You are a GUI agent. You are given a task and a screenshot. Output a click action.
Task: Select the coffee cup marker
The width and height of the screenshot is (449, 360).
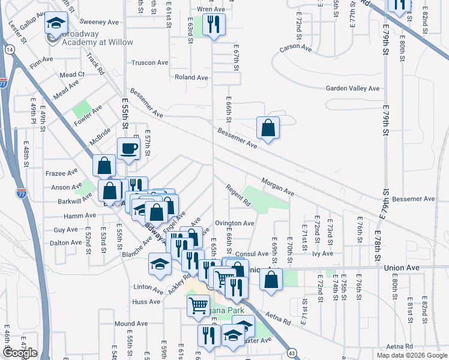click(128, 148)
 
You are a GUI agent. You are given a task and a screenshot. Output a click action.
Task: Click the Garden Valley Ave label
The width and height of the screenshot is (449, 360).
click(352, 88)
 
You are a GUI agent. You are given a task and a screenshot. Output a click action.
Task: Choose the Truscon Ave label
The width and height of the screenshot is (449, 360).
click(149, 62)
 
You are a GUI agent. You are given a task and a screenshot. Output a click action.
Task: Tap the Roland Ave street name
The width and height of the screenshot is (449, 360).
click(191, 77)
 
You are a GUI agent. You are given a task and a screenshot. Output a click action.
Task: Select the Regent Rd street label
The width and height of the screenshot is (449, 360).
click(238, 195)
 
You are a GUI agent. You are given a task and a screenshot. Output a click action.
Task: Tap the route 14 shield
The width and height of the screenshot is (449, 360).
click(9, 50)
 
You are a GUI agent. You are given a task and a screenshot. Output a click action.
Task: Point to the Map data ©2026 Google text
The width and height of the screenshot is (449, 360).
click(411, 355)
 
